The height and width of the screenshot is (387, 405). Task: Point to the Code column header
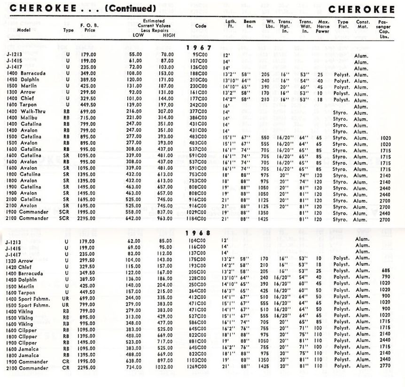click(x=201, y=26)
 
